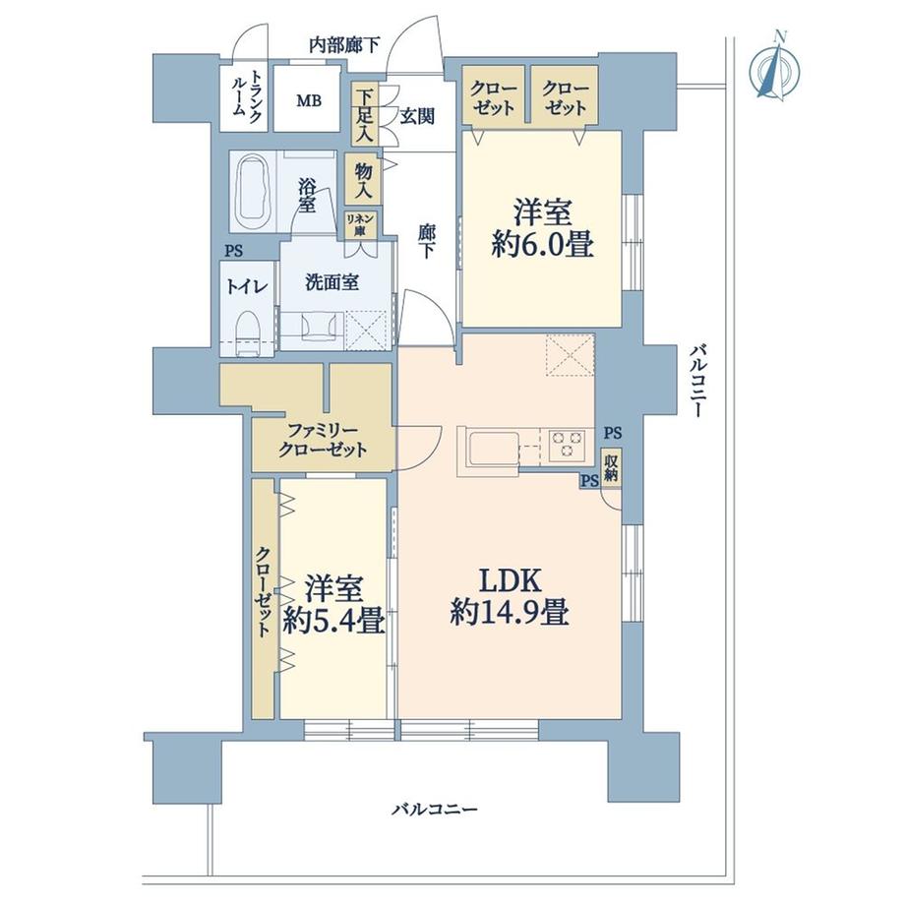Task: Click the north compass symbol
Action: [x=773, y=66]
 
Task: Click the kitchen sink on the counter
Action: [x=490, y=448]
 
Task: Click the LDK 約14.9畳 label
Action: [x=509, y=597]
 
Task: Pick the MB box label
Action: [x=309, y=99]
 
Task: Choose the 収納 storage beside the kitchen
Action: [x=612, y=468]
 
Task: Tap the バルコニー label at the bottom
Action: [x=434, y=810]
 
